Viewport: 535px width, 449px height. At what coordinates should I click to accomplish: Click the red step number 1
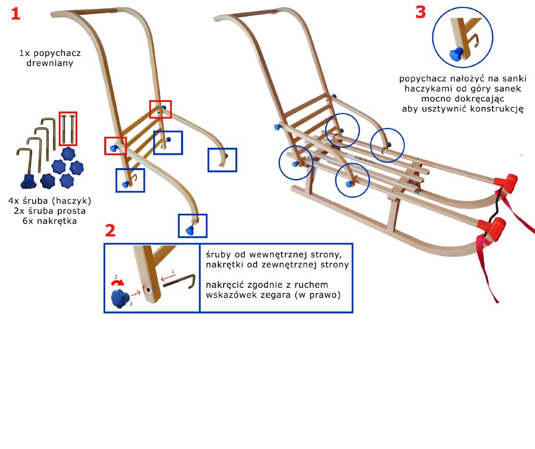pos(16,14)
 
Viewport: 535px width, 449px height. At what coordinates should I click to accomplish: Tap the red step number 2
pos(110,231)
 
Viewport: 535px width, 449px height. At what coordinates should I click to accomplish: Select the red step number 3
pos(420,12)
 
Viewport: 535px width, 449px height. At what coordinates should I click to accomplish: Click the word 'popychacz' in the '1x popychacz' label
pos(57,53)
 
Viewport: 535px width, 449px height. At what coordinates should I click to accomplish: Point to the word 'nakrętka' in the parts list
pos(57,221)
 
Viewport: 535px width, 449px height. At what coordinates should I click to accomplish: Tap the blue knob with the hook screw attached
pos(28,181)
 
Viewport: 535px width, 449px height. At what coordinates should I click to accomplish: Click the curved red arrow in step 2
pos(117,282)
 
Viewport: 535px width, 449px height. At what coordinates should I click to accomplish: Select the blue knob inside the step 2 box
pos(120,299)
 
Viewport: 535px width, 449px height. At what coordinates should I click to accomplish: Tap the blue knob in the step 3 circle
pos(456,54)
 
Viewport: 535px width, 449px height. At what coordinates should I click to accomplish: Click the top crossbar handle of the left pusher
pos(92,11)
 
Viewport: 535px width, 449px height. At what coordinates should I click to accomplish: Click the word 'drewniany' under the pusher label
pos(50,63)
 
